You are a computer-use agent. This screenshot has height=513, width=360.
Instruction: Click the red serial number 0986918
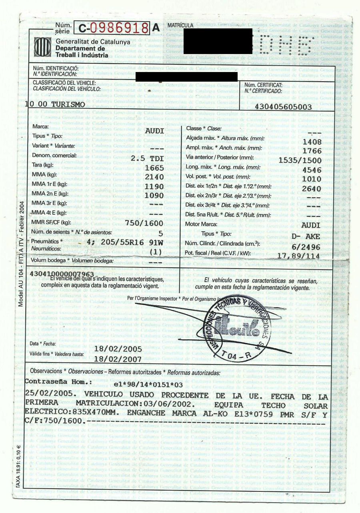point(119,28)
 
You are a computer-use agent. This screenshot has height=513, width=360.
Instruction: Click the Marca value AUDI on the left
point(154,130)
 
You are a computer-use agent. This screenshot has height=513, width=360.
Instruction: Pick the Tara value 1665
point(154,168)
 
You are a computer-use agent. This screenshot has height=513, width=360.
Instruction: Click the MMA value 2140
point(154,177)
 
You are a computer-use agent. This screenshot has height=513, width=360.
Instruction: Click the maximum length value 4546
point(312,170)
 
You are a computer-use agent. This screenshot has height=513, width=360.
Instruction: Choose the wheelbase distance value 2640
point(312,189)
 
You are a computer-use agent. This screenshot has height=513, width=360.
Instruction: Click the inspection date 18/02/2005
point(118,349)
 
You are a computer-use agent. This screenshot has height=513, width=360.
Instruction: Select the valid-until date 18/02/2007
point(118,359)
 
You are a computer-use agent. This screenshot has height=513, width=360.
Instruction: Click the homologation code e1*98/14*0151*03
point(148,385)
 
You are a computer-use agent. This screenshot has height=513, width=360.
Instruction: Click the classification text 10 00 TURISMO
point(55,104)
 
